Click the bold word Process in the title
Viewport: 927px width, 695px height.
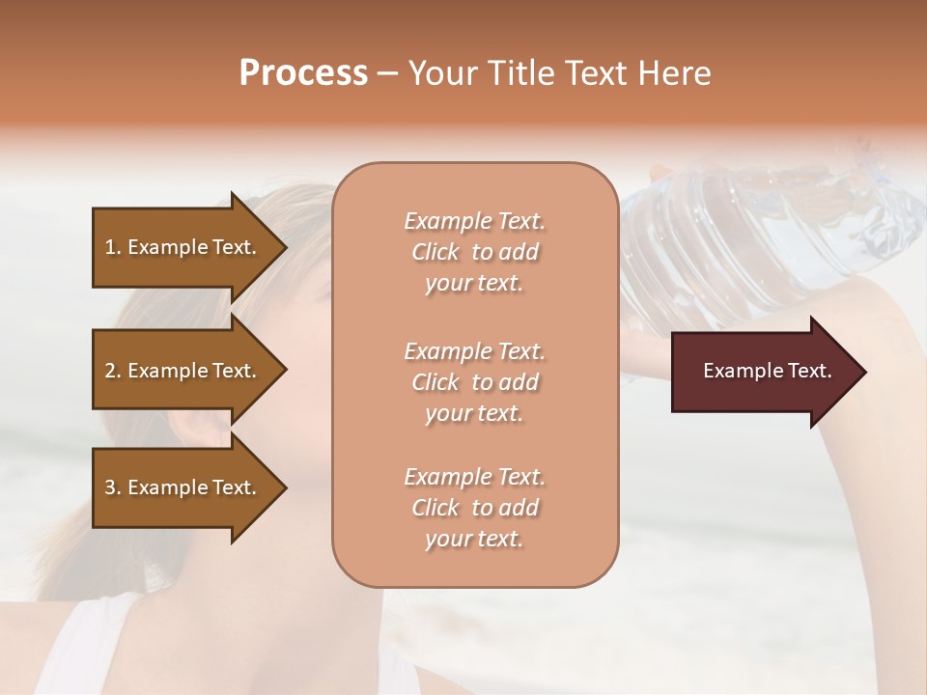(303, 73)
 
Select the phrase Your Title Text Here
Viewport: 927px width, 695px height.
(559, 73)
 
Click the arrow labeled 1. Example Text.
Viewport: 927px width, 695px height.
(183, 247)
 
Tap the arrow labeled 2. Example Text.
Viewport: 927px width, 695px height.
(183, 371)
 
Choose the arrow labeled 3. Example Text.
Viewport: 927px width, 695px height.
(183, 487)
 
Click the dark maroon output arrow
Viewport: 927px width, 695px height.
(753, 372)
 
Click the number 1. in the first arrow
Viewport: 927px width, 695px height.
(113, 247)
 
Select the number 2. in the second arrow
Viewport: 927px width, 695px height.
(113, 371)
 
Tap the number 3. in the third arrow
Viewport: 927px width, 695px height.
(113, 487)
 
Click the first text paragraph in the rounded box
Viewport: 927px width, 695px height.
(474, 252)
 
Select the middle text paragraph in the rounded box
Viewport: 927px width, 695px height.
(474, 382)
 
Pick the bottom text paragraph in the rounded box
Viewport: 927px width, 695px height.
(474, 508)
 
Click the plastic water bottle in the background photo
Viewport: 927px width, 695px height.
(772, 232)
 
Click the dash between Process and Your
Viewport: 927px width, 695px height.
(388, 73)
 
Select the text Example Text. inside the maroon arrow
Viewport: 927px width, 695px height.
(767, 371)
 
